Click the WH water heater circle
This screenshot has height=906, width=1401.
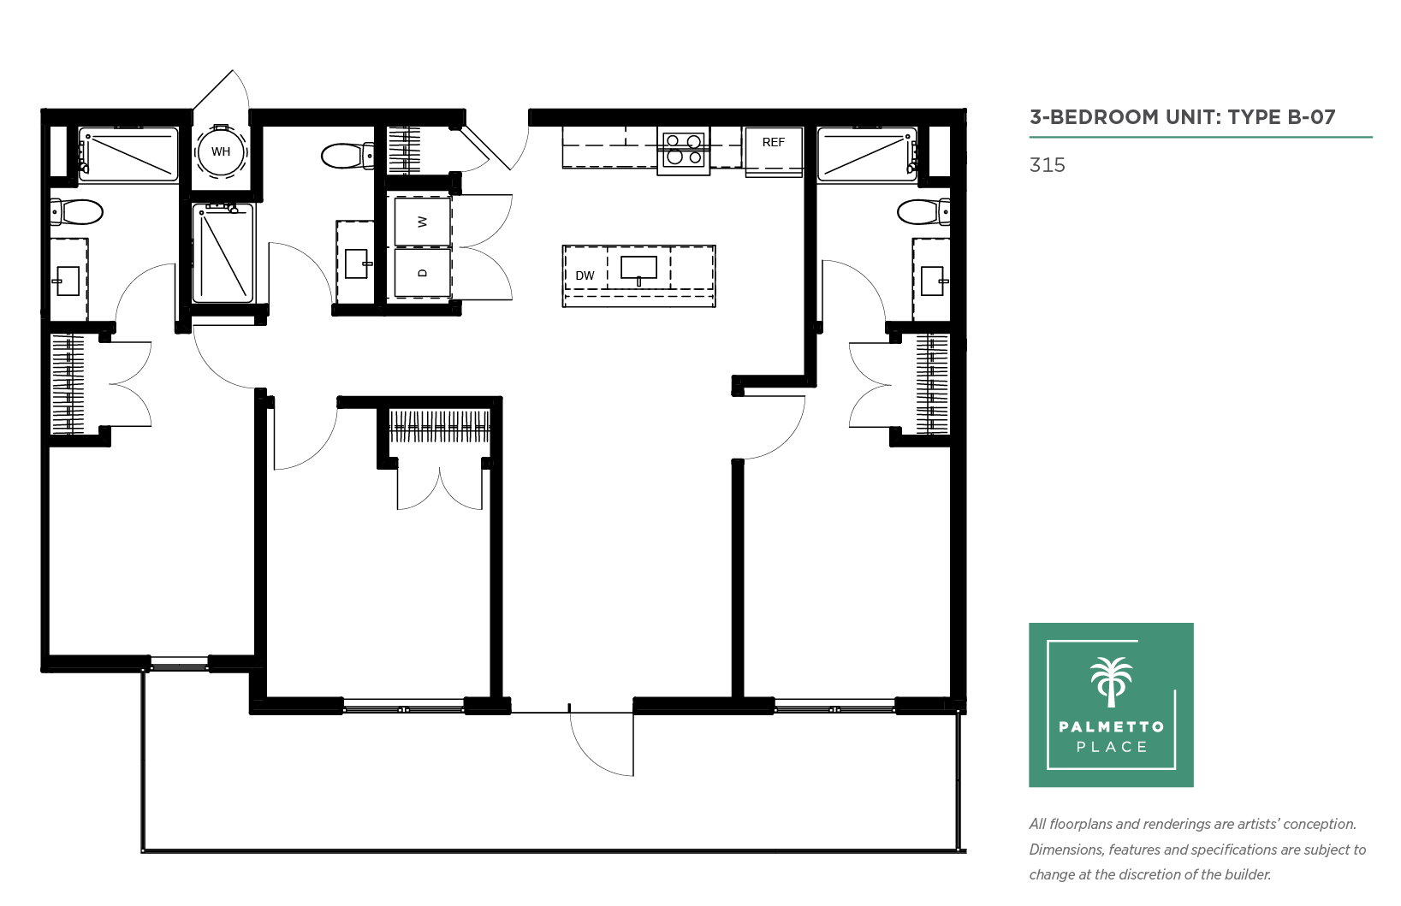[x=220, y=151]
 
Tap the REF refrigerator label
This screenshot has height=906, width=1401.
[x=773, y=143]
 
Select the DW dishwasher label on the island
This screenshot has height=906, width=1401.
[x=585, y=275]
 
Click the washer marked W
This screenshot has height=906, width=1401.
[x=422, y=222]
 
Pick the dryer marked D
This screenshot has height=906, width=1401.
[x=422, y=273]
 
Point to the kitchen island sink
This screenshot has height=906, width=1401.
[x=638, y=269]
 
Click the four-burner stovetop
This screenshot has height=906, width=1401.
[x=683, y=150]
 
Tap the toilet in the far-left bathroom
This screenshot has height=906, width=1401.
[x=76, y=212]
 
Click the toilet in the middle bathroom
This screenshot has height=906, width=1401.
[x=347, y=156]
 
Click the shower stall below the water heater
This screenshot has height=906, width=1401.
[x=223, y=253]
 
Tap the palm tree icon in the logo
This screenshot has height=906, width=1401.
[x=1111, y=682]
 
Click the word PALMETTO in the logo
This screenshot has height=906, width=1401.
[x=1112, y=726]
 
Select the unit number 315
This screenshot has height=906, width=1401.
[x=1047, y=165]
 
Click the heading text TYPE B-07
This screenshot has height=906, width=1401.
[x=1281, y=117]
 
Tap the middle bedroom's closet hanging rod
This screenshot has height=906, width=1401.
[x=440, y=426]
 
